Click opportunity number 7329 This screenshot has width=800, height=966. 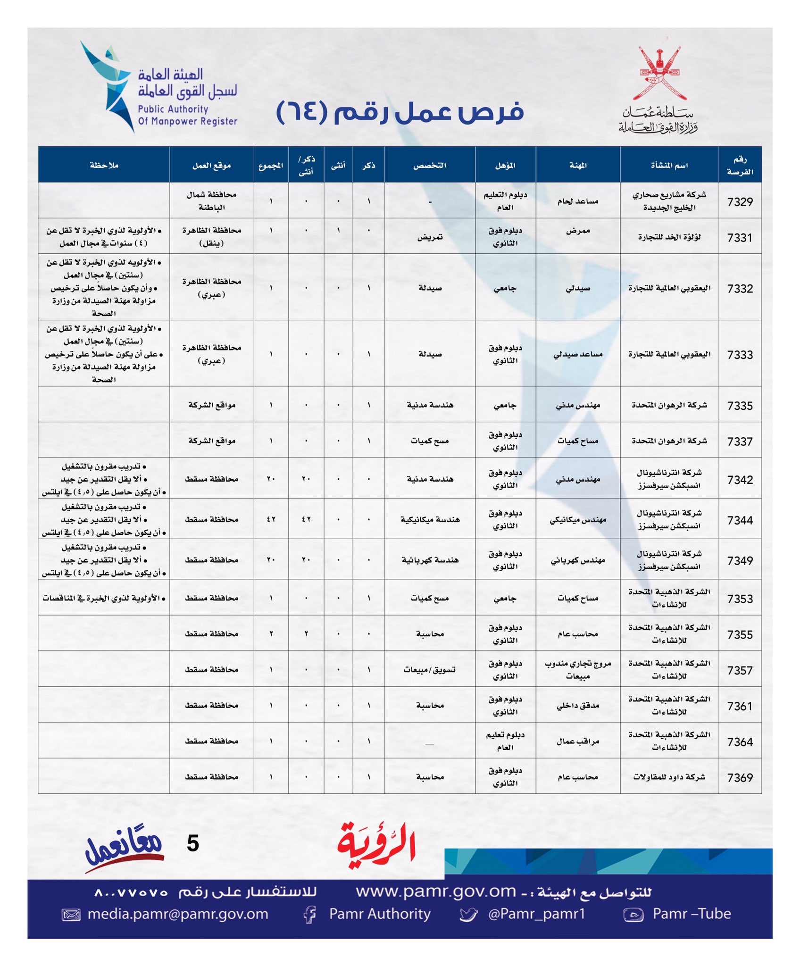(740, 201)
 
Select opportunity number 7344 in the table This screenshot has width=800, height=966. (740, 520)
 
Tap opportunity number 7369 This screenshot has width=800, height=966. (740, 777)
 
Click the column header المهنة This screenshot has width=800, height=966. (578, 165)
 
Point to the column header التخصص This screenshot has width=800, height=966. (430, 165)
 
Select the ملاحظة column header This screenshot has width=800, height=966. (104, 165)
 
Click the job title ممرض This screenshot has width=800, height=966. (578, 231)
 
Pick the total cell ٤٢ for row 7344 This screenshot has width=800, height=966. (271, 519)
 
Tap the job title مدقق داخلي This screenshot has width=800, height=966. (578, 705)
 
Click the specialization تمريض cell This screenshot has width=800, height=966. (430, 237)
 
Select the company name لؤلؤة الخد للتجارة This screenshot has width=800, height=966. (669, 237)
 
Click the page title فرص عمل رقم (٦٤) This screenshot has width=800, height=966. (400, 112)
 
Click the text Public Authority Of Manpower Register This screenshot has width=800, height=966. (187, 115)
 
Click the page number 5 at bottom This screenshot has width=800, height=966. (193, 843)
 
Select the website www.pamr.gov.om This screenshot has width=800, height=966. (436, 891)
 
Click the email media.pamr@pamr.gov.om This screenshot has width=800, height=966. (177, 914)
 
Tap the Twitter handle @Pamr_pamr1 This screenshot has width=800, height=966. (536, 914)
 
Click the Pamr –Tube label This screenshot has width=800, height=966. (691, 914)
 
